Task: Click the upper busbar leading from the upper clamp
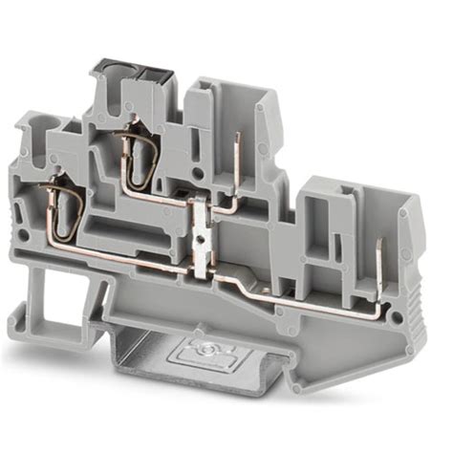click(x=172, y=191)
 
